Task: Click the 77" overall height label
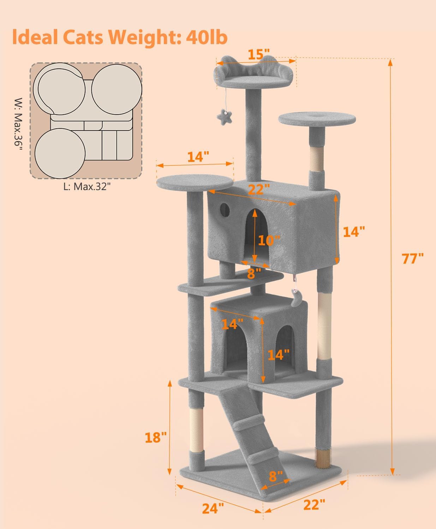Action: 413,259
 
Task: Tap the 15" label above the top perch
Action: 256,55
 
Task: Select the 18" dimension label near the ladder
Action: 156,438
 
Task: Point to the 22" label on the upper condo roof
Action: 256,190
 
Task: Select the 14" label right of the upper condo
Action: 353,232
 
